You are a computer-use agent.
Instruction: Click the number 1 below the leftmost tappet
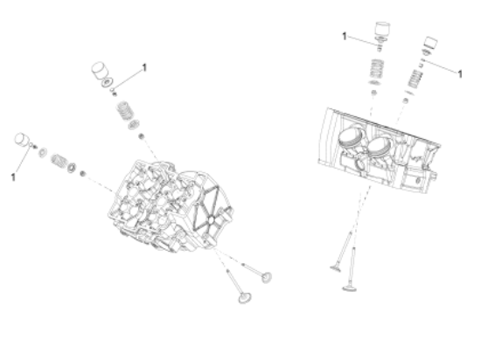13,177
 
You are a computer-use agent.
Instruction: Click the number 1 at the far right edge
459,74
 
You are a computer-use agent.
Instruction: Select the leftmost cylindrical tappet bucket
22,140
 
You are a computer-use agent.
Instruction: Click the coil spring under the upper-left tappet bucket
123,110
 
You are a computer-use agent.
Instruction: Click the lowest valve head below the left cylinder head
245,297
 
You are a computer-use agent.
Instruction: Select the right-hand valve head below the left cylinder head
266,277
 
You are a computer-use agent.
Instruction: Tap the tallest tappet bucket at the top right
382,30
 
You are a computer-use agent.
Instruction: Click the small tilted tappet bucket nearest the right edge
430,43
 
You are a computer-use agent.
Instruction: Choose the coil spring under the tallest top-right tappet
376,69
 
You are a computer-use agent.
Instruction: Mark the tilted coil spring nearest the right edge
415,79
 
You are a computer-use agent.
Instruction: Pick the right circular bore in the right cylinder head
380,147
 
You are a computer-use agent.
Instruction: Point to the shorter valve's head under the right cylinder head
336,269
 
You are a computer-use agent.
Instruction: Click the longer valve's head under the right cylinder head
350,287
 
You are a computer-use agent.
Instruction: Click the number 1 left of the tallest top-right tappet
345,37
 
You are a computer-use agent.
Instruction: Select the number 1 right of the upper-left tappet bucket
144,67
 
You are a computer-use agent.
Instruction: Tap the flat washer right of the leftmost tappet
43,152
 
